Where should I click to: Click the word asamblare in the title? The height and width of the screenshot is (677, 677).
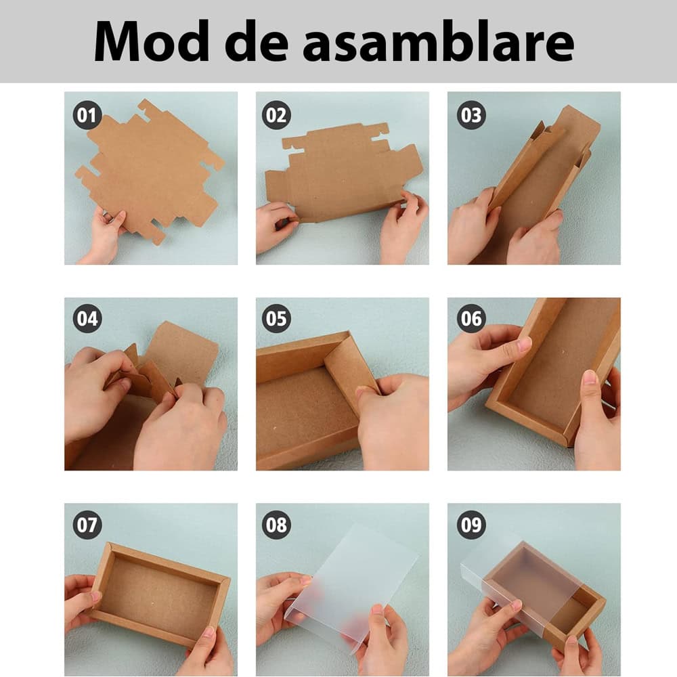[439, 41]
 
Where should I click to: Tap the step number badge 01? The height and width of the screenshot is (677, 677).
[87, 116]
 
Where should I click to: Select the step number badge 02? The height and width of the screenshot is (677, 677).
[276, 116]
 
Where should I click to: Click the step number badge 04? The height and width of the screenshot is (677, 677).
[87, 319]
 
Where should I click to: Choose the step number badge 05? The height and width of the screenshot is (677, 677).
[276, 319]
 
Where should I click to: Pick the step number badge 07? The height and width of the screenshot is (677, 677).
[87, 525]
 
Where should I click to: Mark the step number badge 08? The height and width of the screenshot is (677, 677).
[276, 525]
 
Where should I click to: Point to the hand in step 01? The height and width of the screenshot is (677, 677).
[105, 237]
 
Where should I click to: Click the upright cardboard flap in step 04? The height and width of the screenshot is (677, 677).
[181, 352]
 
